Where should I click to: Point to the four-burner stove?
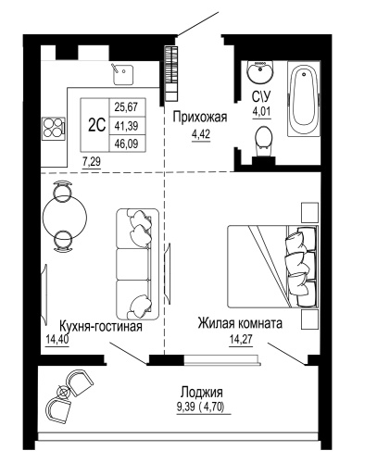click(54, 128)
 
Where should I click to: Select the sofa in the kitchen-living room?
click(136, 262)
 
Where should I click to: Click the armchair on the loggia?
click(76, 382)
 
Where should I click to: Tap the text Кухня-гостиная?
click(99, 326)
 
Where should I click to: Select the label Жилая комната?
click(239, 325)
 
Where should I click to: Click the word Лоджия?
click(202, 392)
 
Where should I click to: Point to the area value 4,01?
click(263, 114)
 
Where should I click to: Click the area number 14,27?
click(239, 340)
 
